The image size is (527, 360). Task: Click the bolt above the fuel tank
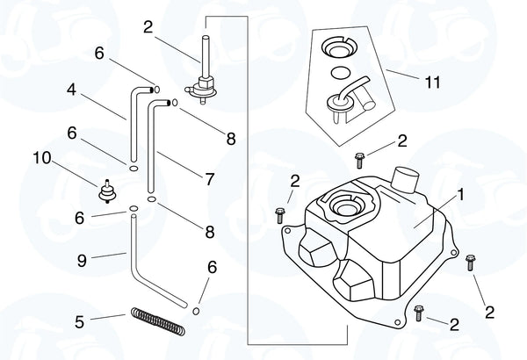tap(359, 159)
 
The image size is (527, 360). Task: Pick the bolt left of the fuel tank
tap(280, 212)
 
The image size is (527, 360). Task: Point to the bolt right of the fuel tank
tap(472, 261)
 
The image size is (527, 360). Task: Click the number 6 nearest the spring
tap(211, 267)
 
